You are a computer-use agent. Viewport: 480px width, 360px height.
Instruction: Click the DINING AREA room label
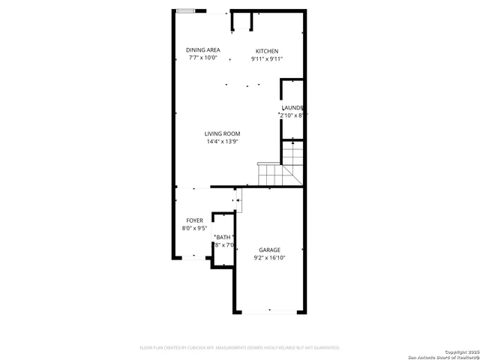pos(203,50)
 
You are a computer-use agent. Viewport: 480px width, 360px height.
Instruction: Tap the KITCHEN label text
pos(266,51)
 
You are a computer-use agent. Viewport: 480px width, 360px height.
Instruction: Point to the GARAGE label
pos(269,250)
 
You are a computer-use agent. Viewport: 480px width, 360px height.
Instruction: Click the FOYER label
pos(194,220)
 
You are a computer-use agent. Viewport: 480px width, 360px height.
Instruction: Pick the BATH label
pos(224,237)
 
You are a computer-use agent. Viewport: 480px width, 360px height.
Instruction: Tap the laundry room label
pos(292,107)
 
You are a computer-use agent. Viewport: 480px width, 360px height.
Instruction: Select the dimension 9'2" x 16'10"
pos(269,258)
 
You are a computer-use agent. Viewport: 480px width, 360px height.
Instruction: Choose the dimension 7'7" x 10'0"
pos(203,58)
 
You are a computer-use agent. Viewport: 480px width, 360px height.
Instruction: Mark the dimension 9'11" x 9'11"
pos(266,59)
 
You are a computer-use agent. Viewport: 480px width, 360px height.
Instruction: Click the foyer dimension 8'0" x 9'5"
pos(194,229)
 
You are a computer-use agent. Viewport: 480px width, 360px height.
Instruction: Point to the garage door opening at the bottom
pos(270,312)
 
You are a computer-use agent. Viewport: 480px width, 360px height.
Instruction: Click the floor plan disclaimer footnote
pos(240,348)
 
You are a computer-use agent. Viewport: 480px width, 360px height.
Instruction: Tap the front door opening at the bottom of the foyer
pos(194,259)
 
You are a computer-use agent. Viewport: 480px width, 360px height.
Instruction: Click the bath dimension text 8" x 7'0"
pos(225,244)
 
